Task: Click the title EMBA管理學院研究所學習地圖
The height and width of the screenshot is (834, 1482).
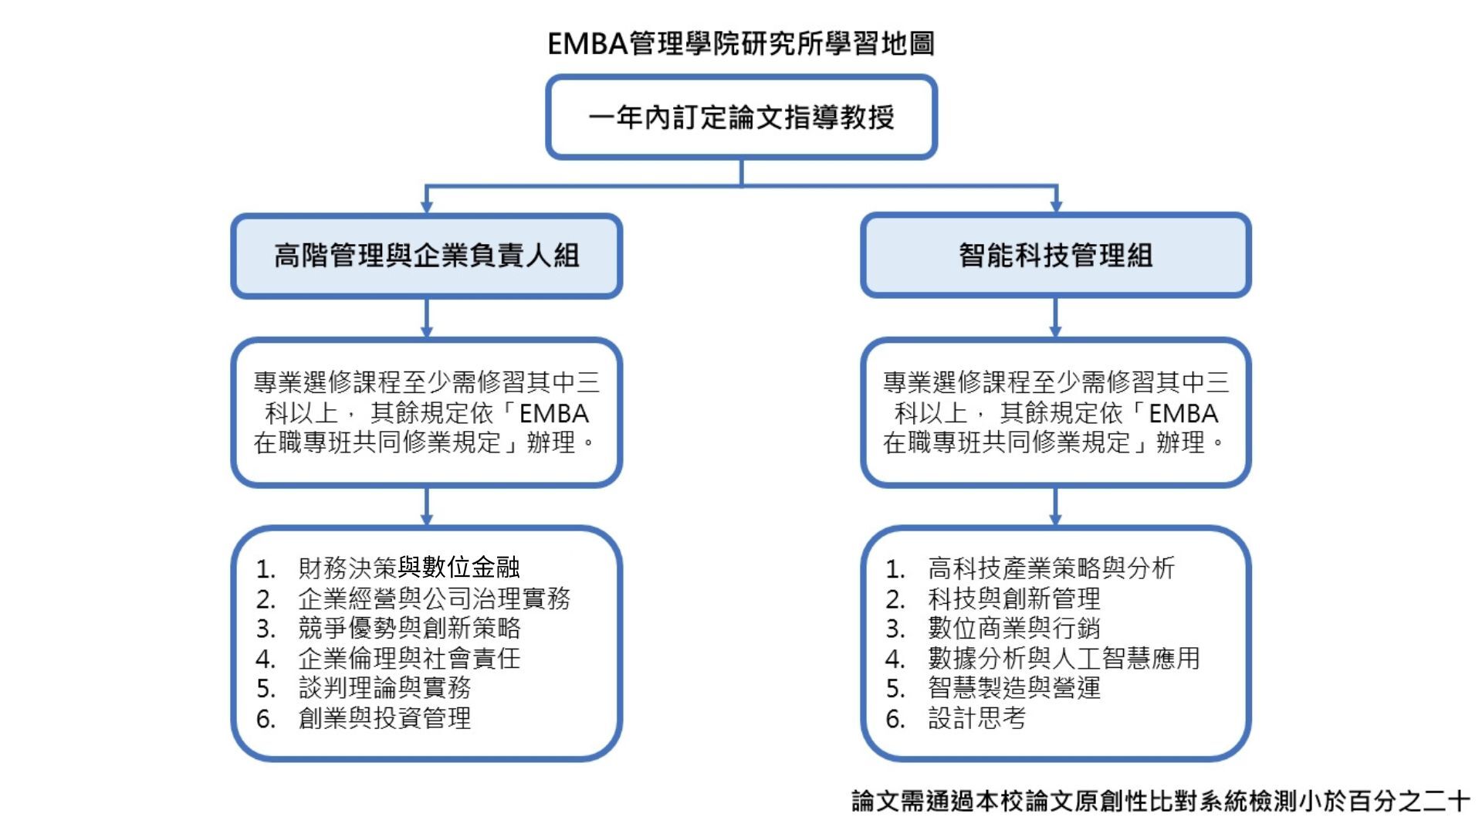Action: pos(741,43)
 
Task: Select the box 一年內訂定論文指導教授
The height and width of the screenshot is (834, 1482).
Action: pos(741,117)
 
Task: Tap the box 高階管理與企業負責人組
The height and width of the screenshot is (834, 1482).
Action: pos(426,256)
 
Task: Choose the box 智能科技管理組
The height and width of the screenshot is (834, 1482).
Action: pos(1055,256)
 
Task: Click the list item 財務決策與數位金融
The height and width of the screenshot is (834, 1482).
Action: pos(408,568)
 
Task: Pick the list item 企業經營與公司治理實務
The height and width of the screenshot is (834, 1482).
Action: pos(434,598)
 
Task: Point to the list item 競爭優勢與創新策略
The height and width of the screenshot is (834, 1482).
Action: pos(409,629)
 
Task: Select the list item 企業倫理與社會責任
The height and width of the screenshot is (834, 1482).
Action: pos(409,659)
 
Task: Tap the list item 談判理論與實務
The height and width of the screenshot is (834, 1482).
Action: pos(384,688)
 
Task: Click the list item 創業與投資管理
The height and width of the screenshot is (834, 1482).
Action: pos(384,718)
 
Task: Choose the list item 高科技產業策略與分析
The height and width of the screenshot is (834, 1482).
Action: pos(1051,568)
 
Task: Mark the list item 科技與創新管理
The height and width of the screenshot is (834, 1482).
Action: pos(1013,598)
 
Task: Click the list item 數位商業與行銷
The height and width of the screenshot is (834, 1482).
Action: pos(1013,629)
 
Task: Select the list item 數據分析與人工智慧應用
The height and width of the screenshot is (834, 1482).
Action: pos(1064,659)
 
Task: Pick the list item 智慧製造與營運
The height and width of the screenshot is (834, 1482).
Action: pos(1013,688)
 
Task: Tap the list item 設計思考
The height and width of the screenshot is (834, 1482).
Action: pos(976,718)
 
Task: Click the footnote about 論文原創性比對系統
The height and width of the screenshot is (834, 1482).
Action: pos(1160,801)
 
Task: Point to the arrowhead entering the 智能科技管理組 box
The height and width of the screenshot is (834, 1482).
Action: pos(1056,206)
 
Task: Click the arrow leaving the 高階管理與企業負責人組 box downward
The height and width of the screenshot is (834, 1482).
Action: pos(426,317)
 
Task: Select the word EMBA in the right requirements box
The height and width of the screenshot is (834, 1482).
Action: pos(1183,414)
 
